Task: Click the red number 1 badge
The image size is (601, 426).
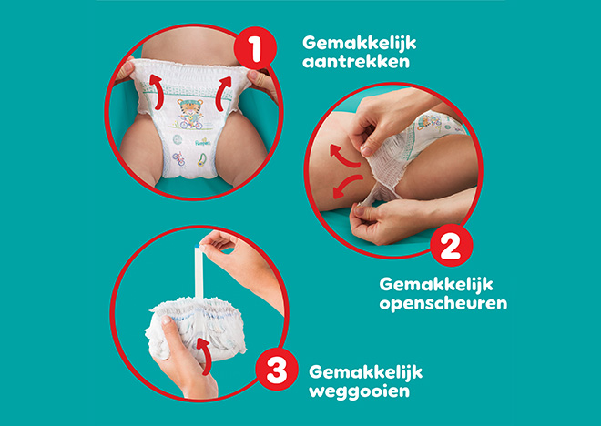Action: tap(255, 48)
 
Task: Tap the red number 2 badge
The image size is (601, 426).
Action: tap(451, 245)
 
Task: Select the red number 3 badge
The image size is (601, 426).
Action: tap(277, 370)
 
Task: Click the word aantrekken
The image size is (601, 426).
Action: tap(356, 61)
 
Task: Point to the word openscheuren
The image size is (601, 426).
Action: tap(443, 303)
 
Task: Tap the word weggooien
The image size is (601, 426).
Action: tap(359, 391)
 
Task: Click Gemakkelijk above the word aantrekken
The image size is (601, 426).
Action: tap(359, 43)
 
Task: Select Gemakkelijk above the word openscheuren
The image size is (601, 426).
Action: tap(436, 285)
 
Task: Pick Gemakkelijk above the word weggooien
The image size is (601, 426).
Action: tap(366, 372)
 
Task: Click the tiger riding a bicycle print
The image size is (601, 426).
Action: tap(190, 114)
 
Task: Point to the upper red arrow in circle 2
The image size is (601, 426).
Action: tap(344, 157)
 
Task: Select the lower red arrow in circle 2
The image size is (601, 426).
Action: tap(347, 187)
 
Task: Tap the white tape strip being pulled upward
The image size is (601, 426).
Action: tap(199, 272)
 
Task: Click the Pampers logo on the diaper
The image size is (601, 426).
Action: tap(203, 143)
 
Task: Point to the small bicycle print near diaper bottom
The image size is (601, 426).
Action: tap(178, 158)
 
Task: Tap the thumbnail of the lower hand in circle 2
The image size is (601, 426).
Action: tap(359, 210)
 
